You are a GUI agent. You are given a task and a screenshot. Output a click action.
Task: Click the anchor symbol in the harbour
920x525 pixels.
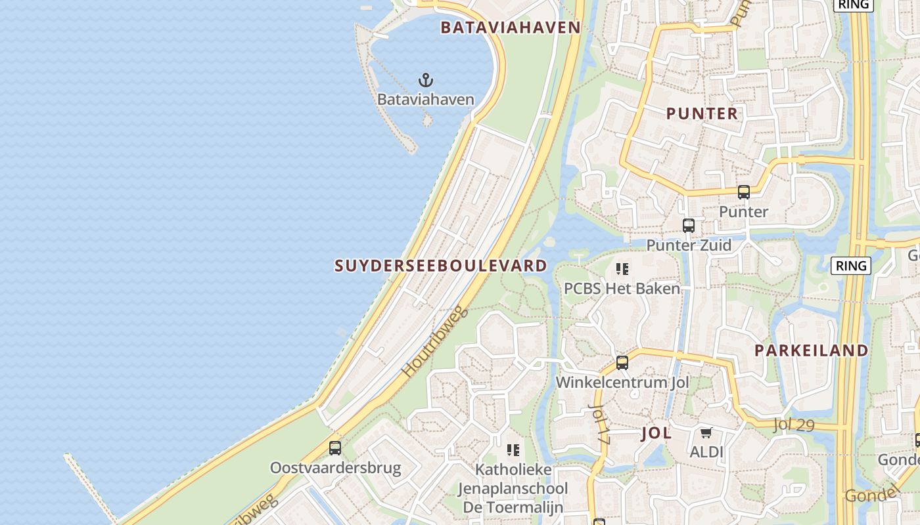pyautogui.click(x=426, y=81)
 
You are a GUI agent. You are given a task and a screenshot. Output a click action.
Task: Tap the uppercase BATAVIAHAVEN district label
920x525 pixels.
pyautogui.click(x=511, y=28)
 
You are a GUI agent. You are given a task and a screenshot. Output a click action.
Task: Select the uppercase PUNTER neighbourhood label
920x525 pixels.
pyautogui.click(x=702, y=114)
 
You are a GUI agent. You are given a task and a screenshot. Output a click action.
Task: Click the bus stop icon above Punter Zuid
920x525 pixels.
pyautogui.click(x=688, y=226)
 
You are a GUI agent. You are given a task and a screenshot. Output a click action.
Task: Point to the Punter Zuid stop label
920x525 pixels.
pyautogui.click(x=689, y=245)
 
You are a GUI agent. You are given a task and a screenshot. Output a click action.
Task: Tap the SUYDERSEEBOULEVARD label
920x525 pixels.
pyautogui.click(x=441, y=266)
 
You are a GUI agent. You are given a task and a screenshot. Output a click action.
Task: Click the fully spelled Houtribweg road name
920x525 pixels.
pyautogui.click(x=435, y=341)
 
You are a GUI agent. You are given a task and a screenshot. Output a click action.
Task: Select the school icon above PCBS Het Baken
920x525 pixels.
pyautogui.click(x=622, y=269)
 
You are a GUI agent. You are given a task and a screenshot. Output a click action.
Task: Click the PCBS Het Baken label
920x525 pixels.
pyautogui.click(x=622, y=288)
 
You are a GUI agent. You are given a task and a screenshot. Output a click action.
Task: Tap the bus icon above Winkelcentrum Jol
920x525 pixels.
pyautogui.click(x=622, y=363)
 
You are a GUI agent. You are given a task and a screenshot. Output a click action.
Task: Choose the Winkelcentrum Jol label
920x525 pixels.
pyautogui.click(x=622, y=382)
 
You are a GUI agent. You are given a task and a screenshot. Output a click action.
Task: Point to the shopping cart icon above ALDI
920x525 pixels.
pyautogui.click(x=706, y=432)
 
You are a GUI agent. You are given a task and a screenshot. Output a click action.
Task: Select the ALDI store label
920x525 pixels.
pyautogui.click(x=706, y=452)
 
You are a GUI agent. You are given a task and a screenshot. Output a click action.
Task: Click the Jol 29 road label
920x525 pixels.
pyautogui.click(x=794, y=425)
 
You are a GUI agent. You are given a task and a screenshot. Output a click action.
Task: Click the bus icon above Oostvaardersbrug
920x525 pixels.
pyautogui.click(x=335, y=448)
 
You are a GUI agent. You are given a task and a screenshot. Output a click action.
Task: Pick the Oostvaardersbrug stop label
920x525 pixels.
pyautogui.click(x=335, y=469)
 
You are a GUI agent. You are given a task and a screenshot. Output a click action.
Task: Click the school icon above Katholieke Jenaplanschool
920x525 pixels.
pyautogui.click(x=513, y=450)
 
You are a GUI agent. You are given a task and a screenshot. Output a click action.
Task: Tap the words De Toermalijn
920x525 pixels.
pyautogui.click(x=513, y=507)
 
